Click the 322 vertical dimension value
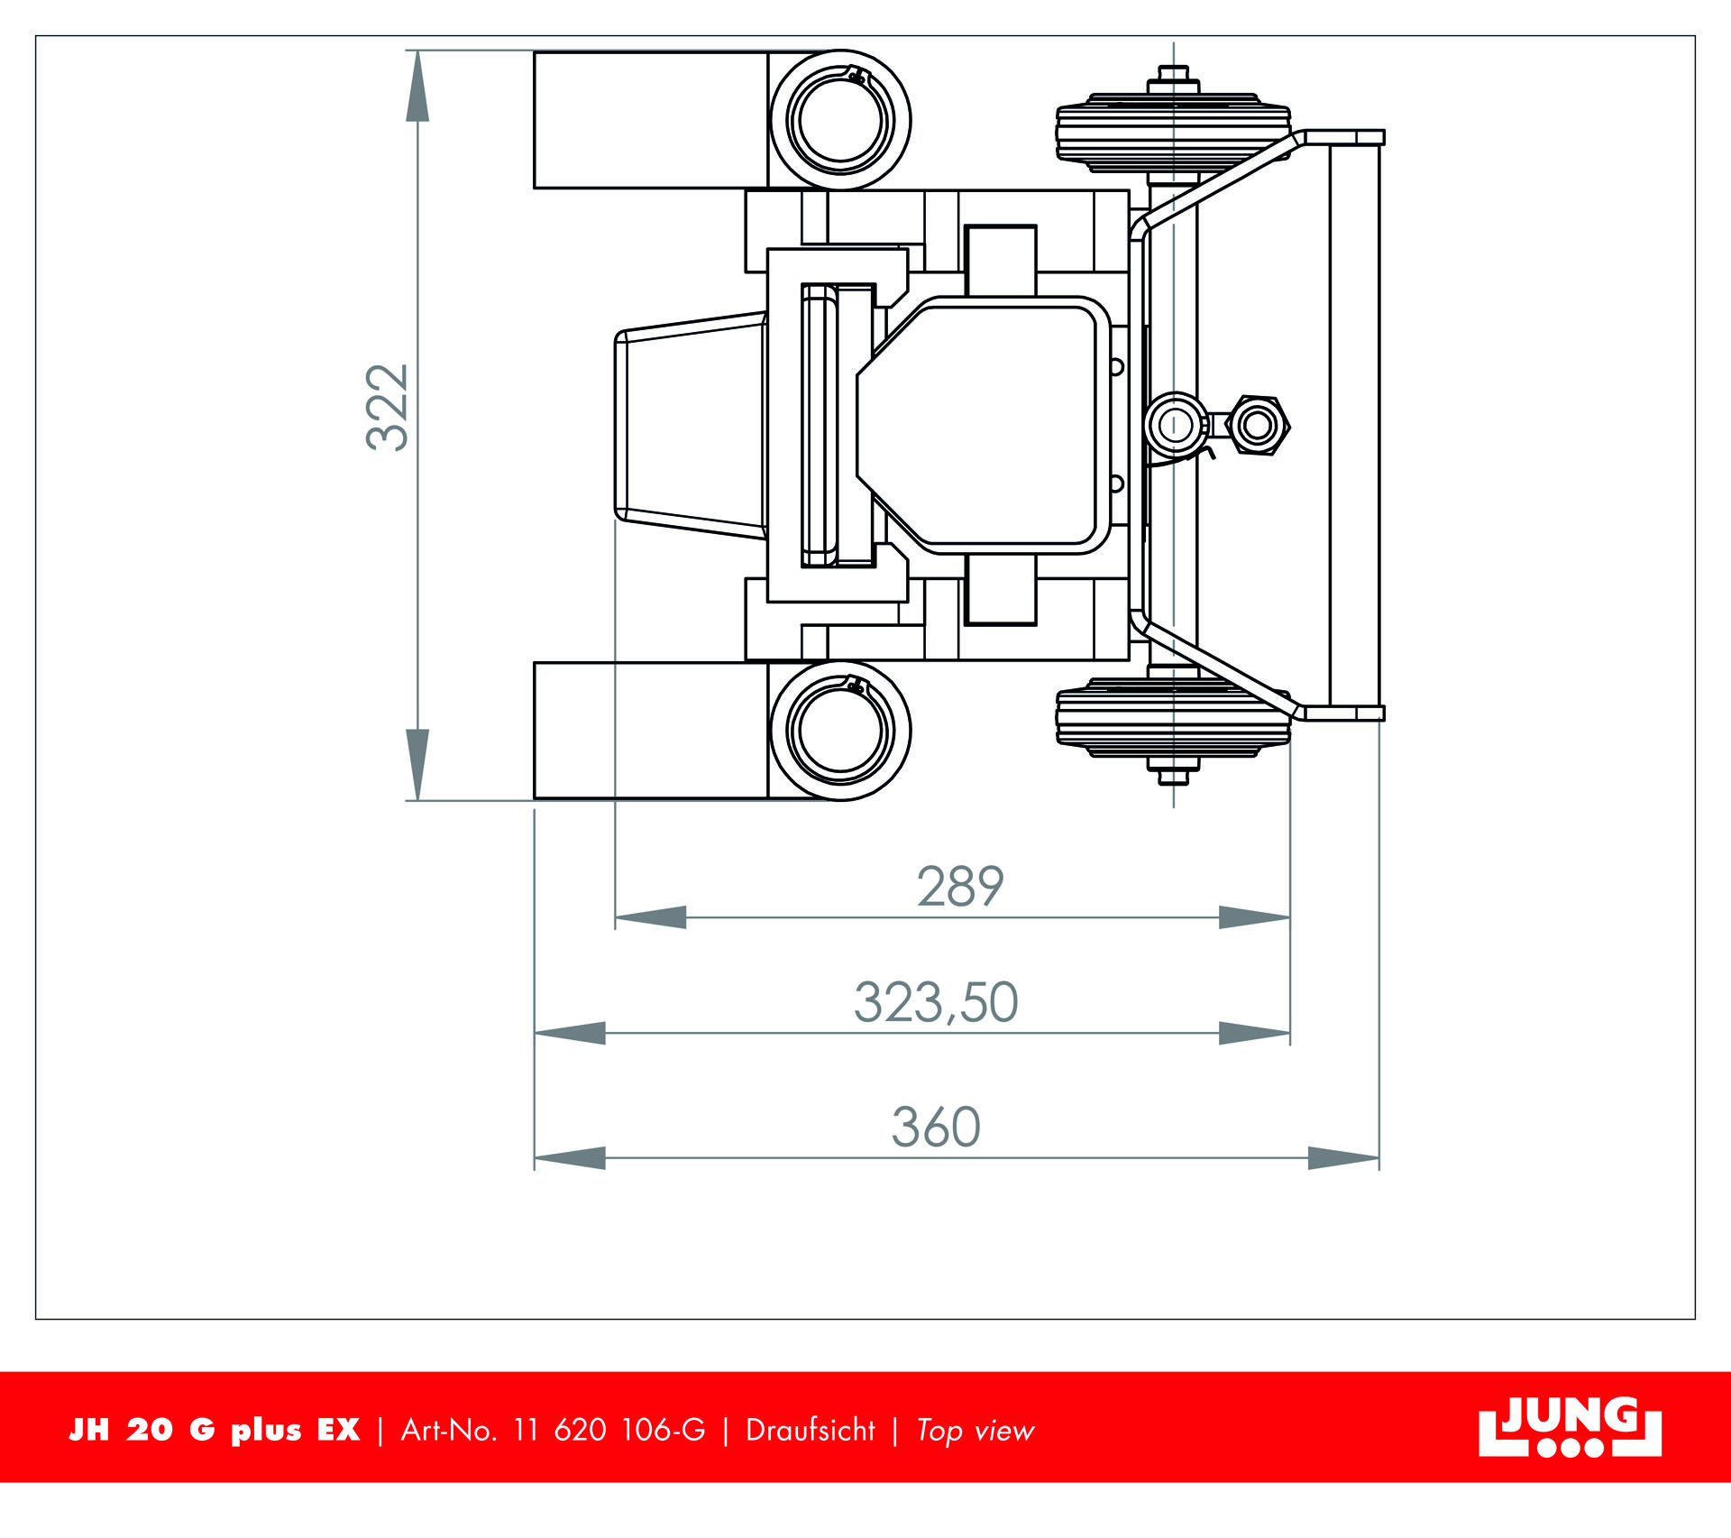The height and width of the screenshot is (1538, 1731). click(388, 407)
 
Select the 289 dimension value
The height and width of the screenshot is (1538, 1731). click(960, 887)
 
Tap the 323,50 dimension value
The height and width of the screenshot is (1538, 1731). click(936, 1002)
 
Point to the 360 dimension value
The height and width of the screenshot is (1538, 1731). click(936, 1127)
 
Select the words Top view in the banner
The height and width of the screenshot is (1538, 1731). click(975, 1431)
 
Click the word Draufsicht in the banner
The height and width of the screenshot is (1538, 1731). click(811, 1430)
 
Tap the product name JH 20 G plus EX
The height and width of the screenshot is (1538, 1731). click(215, 1430)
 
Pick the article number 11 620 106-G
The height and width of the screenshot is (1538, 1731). click(609, 1430)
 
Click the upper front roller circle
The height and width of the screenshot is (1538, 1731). click(840, 119)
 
